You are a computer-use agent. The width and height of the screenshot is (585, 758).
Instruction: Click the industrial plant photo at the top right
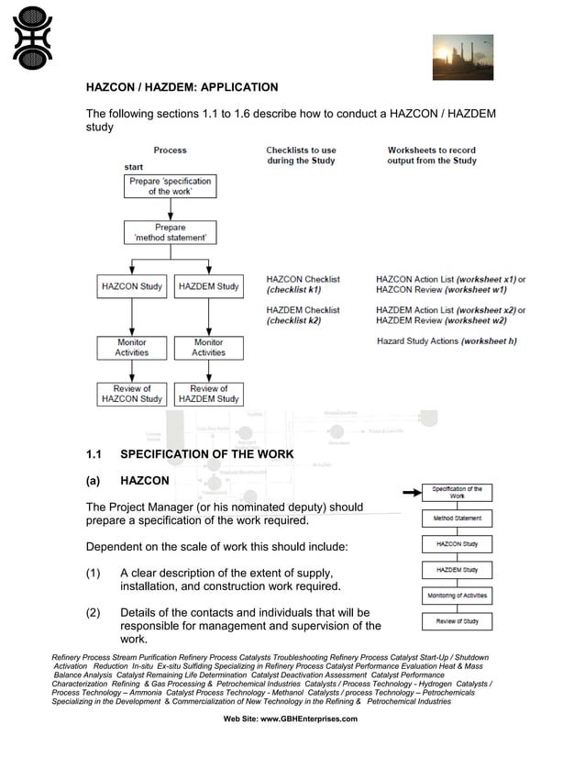[462, 57]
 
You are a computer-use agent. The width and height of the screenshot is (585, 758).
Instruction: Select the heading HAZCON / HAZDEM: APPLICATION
[182, 88]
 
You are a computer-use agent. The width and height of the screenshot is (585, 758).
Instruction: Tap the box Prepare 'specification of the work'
[170, 186]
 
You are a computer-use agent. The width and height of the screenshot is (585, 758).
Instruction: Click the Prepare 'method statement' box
[170, 232]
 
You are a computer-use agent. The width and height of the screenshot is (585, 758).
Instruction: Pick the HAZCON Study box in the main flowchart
[132, 286]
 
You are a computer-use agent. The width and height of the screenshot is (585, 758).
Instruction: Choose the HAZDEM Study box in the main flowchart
[208, 286]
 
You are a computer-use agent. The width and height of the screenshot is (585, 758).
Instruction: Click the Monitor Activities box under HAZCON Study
[132, 347]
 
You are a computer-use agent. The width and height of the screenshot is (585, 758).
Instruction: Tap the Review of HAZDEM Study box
[208, 394]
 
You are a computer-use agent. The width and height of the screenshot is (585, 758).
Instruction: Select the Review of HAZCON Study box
[132, 394]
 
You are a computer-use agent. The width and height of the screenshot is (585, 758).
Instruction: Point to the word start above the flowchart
[134, 167]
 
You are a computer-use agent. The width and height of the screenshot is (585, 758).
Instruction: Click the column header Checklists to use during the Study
[301, 155]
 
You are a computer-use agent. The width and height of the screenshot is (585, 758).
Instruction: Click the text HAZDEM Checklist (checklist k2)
[303, 316]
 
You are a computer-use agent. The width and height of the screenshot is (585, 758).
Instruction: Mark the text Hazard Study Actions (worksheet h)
[447, 341]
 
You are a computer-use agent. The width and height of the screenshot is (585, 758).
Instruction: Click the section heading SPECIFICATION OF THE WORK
[206, 454]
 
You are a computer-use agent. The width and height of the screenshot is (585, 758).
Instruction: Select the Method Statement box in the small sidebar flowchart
[457, 518]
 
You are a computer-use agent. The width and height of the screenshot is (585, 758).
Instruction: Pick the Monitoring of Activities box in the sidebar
[457, 596]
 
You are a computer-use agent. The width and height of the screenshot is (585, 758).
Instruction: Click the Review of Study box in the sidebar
[457, 621]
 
